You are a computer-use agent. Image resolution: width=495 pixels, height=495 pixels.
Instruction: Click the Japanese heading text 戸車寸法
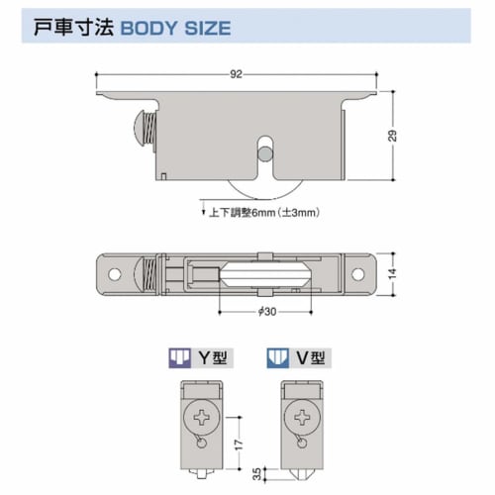click(68, 27)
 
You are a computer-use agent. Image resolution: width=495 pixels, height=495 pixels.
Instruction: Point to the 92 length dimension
click(234, 74)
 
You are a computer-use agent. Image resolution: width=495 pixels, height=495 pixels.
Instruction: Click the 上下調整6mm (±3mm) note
click(264, 212)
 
